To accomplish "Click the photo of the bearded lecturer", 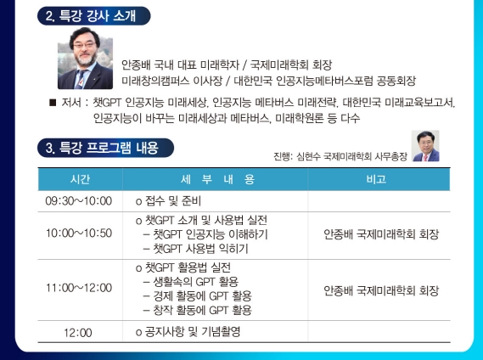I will pyautogui.click(x=84, y=64).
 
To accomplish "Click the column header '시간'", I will pyautogui.click(x=79, y=179).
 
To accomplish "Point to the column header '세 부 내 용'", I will pyautogui.click(x=216, y=179).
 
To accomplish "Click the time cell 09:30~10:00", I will pyautogui.click(x=79, y=201).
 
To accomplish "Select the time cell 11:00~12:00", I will pyautogui.click(x=79, y=290).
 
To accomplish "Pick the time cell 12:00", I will pyautogui.click(x=79, y=332).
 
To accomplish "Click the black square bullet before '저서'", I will pyautogui.click(x=54, y=103).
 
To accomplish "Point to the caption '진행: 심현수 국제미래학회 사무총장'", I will pyautogui.click(x=339, y=157).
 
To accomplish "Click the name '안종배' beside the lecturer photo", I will pyautogui.click(x=139, y=65).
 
